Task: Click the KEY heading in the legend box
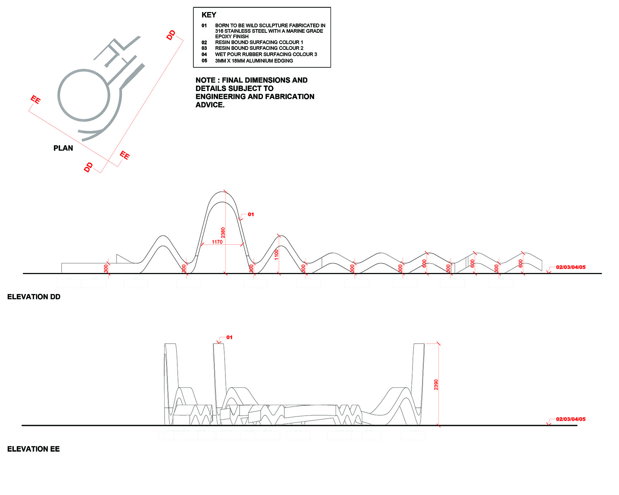click(209, 15)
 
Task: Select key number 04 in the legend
click(204, 55)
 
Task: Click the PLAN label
click(63, 148)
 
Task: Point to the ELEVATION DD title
click(34, 297)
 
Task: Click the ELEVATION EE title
click(33, 449)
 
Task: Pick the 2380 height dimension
click(223, 233)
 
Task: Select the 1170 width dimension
click(217, 242)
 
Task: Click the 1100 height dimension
click(276, 254)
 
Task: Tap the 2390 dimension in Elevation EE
click(436, 385)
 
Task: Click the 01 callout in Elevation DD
click(251, 214)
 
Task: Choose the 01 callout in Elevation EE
click(229, 337)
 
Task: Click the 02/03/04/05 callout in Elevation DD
click(571, 267)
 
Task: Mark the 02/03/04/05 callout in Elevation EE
click(571, 419)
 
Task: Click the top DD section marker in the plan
click(171, 35)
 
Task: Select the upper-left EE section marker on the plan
click(35, 100)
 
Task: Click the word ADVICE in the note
click(210, 105)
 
